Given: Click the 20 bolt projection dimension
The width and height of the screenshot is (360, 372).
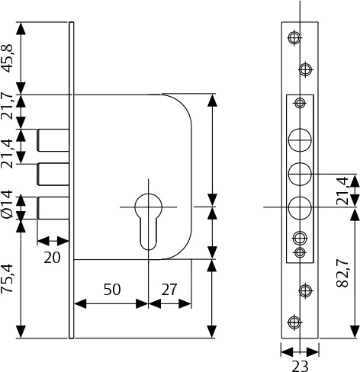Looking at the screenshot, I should [x=52, y=258].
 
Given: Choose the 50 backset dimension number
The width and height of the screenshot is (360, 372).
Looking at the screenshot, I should [x=111, y=290].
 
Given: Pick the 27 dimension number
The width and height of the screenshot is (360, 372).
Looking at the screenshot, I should [x=169, y=290].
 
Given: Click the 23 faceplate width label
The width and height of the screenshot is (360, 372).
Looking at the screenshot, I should [x=300, y=366].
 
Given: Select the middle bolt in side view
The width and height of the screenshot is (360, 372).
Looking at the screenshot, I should [x=53, y=174].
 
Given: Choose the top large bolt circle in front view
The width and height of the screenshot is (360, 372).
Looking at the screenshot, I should [x=300, y=140].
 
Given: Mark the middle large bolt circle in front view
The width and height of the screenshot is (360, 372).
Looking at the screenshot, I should [x=300, y=174].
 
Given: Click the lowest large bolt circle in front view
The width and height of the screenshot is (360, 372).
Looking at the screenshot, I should [x=300, y=207].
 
